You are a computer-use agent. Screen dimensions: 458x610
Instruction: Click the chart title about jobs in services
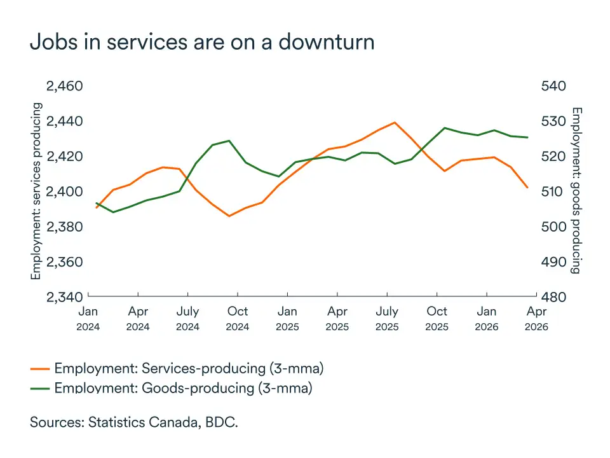click(202, 42)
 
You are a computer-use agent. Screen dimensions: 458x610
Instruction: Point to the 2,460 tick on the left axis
click(65, 86)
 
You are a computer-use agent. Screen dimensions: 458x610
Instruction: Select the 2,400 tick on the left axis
click(65, 191)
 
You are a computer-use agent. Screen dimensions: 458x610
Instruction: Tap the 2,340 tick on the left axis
click(65, 296)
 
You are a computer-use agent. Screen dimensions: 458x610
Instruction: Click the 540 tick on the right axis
click(553, 86)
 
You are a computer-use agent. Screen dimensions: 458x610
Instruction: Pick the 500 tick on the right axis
click(553, 226)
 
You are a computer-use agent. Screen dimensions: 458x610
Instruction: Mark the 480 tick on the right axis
click(553, 296)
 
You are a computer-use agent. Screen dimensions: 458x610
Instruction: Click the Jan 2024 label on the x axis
click(88, 318)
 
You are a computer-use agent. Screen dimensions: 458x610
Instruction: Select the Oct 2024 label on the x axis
click(238, 318)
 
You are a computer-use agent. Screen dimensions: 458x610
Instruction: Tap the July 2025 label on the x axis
click(387, 318)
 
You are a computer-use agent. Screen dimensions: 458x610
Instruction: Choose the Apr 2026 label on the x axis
click(536, 318)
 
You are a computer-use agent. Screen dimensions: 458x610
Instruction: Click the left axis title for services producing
click(36, 191)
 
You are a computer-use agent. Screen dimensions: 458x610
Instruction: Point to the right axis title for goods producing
click(576, 191)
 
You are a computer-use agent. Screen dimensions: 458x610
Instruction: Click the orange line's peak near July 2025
click(395, 123)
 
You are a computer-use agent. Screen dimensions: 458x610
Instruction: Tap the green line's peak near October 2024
click(229, 141)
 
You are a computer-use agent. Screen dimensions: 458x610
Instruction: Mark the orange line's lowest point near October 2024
click(229, 216)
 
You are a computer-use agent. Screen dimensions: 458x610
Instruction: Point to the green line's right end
click(527, 137)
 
